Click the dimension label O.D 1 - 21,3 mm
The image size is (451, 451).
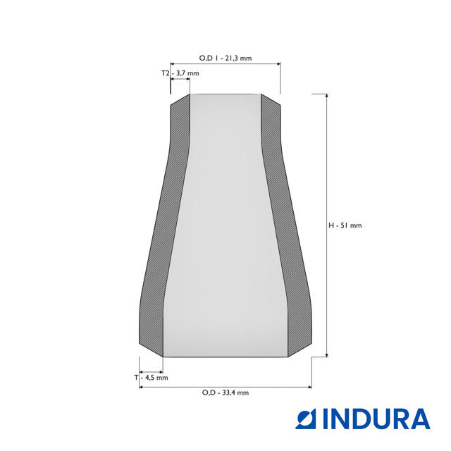[x=225, y=58]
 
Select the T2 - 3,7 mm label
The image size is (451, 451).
[x=180, y=73]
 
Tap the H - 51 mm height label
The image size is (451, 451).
[x=345, y=225]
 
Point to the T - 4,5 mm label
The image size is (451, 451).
[x=152, y=378]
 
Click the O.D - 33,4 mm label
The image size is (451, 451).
[x=225, y=393]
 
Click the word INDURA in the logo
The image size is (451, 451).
[x=376, y=419]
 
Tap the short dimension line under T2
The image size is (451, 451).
[x=180, y=80]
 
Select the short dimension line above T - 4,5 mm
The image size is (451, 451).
[x=152, y=371]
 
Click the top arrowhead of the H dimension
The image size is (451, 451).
[x=327, y=96]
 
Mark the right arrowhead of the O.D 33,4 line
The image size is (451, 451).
[x=309, y=387]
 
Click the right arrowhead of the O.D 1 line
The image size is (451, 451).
[x=278, y=64]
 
